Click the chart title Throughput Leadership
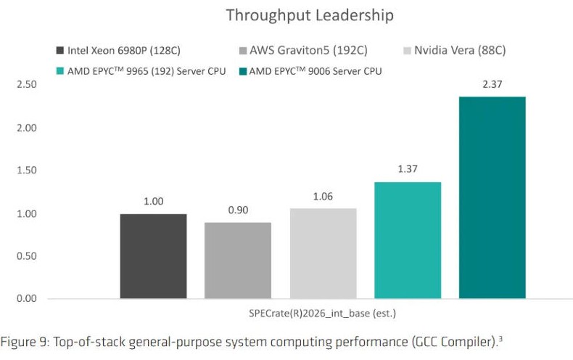click(310, 15)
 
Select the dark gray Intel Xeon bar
click(154, 256)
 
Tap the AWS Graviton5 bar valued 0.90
click(238, 261)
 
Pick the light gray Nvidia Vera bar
click(323, 253)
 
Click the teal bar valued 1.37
click(408, 240)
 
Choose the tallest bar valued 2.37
click(492, 197)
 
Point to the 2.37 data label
click(492, 84)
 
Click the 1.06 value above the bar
click(323, 197)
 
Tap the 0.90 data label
click(238, 210)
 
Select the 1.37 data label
click(408, 169)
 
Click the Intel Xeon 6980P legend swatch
click(60, 50)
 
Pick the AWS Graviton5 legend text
click(308, 50)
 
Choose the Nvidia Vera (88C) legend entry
click(455, 50)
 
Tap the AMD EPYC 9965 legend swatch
click(60, 71)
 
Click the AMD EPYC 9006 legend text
click(316, 71)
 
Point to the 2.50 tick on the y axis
click(27, 84)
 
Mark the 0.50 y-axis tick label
click(27, 256)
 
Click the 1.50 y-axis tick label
click(27, 171)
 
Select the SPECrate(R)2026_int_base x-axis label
click(322, 314)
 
